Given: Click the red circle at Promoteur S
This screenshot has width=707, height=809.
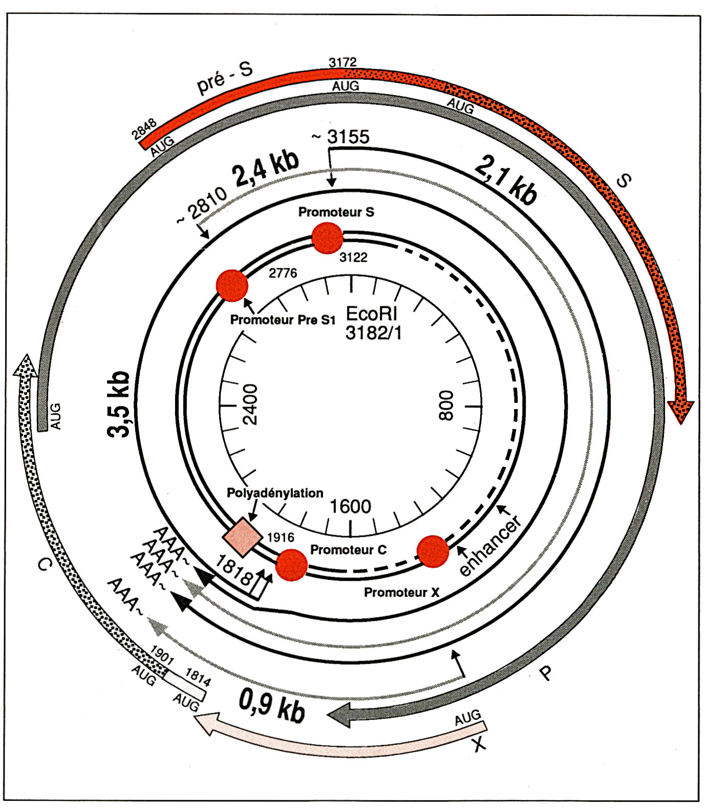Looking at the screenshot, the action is coord(327,238).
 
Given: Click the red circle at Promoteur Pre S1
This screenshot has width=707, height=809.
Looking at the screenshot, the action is coord(232,286).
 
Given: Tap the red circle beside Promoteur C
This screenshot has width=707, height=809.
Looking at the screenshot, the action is coord(291,565).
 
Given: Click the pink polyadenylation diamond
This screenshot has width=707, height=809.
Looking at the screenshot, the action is coord(243,536).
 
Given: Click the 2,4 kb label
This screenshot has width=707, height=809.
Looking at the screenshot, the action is coord(266,168).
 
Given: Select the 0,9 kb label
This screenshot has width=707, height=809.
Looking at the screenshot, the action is coord(272,706).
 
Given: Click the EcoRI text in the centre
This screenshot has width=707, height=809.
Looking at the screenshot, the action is coord(372,313).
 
